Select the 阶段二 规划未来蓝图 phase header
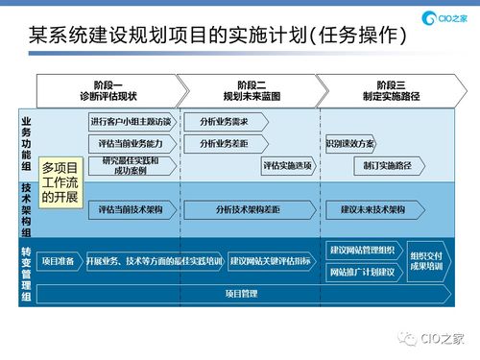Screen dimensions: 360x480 click(250, 91)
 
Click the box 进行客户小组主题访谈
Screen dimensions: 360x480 click(131, 122)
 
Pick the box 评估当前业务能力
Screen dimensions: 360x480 click(131, 143)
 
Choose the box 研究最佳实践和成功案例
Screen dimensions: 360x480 click(131, 165)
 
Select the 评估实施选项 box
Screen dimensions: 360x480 click(287, 165)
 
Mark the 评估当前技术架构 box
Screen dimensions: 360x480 click(131, 208)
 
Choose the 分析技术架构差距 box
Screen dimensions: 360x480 click(248, 208)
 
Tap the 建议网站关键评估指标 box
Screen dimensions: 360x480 click(271, 260)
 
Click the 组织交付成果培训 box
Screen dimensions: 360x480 click(426, 260)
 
